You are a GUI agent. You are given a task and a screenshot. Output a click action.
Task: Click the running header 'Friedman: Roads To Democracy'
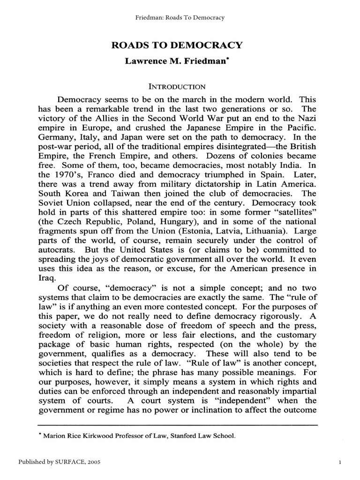click(x=180, y=18)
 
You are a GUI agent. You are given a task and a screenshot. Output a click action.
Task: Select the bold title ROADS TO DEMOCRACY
click(x=176, y=45)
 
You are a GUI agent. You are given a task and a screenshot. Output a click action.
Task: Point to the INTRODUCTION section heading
click(x=177, y=87)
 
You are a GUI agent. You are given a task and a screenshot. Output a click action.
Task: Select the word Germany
click(x=54, y=138)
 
